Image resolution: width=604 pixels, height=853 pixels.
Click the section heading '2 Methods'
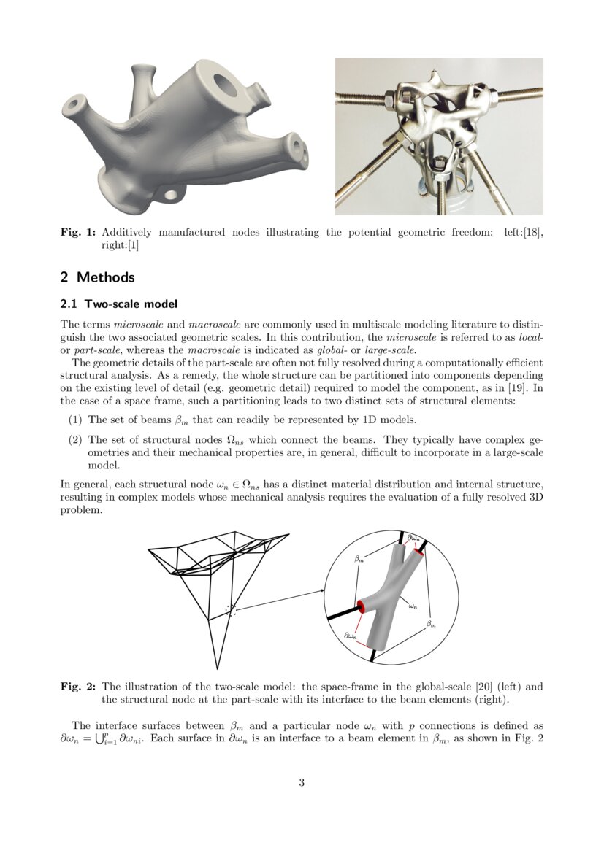(97, 277)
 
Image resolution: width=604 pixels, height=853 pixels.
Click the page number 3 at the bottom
(302, 784)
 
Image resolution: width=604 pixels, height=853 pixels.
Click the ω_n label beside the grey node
(413, 605)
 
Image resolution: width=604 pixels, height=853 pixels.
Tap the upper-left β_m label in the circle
(359, 559)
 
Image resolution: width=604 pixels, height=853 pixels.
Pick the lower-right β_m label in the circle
(431, 624)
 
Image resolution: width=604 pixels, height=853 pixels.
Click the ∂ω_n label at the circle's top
(413, 539)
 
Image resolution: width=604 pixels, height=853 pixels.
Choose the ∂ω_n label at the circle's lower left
(351, 636)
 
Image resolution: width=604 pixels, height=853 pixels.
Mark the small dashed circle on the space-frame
(232, 610)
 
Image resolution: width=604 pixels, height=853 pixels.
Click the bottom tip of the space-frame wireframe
(217, 668)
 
